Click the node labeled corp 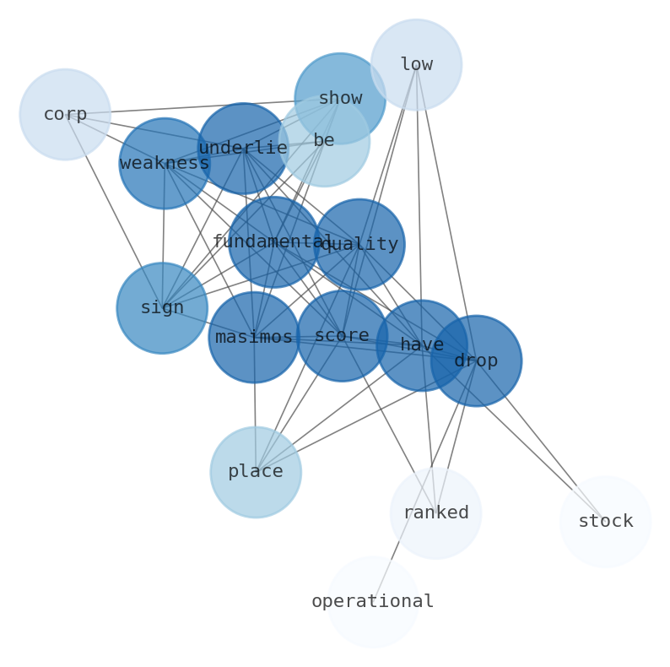[65, 114]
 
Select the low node [416, 64]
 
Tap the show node [340, 98]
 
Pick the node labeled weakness [165, 163]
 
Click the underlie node [243, 148]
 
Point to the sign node [162, 307]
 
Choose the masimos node [254, 337]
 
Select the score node [342, 335]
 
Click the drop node [476, 361]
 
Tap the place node [256, 471]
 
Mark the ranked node [435, 512]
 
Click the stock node [605, 521]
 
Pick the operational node [373, 601]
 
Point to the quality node [359, 244]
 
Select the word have [422, 344]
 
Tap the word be [324, 140]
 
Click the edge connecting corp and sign [114, 211]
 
